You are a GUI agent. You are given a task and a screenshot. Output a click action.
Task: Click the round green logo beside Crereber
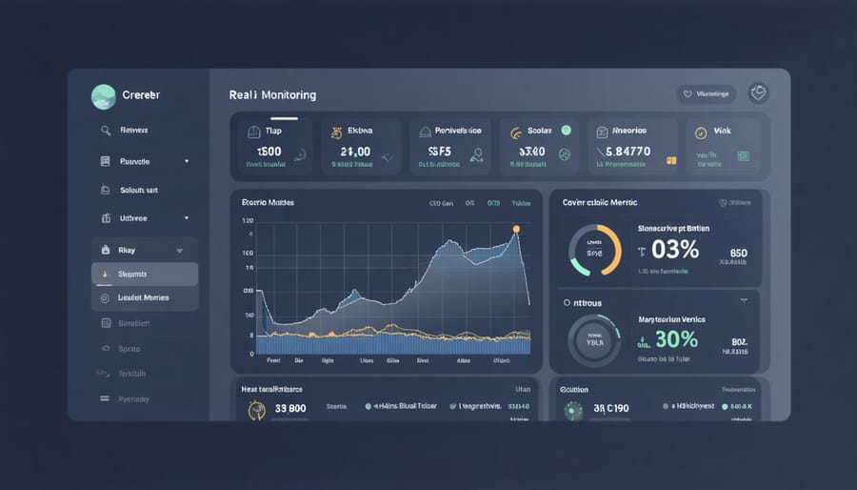tap(103, 95)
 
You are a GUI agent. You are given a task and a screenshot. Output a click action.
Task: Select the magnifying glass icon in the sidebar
tap(106, 131)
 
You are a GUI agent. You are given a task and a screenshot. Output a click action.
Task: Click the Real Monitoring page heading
tap(272, 95)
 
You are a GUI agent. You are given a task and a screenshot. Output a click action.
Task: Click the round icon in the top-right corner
tap(759, 93)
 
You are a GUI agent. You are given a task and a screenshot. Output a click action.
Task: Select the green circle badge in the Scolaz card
tap(566, 130)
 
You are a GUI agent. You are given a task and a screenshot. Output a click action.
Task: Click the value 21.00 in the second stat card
tap(354, 151)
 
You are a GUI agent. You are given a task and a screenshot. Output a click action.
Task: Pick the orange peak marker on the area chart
tap(516, 229)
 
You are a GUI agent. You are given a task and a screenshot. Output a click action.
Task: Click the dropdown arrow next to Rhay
tap(179, 250)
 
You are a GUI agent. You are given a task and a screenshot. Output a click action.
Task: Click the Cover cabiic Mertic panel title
tap(601, 203)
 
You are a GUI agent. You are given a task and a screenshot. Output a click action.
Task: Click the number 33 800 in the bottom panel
tap(290, 408)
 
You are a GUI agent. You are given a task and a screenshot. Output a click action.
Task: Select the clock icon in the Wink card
tap(701, 133)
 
